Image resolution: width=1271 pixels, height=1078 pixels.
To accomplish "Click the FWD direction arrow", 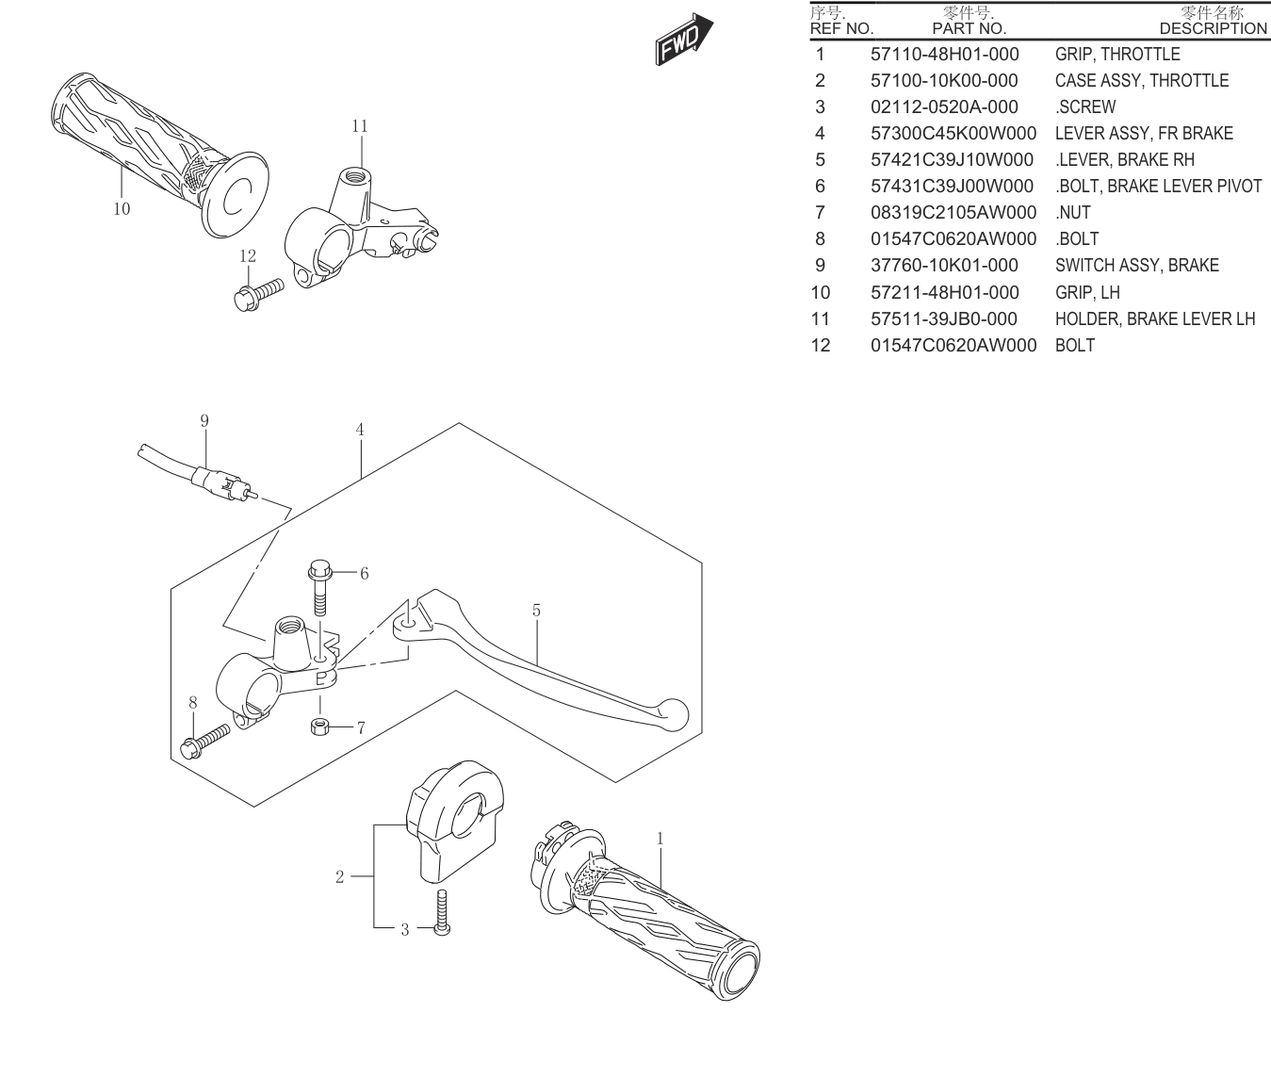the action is pos(684,40).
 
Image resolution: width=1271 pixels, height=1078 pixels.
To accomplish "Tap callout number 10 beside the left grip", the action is pos(122,209).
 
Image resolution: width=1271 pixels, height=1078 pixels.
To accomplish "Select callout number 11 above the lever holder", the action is pos(360,126).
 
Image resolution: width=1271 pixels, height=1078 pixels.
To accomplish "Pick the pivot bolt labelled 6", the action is pos(319,587).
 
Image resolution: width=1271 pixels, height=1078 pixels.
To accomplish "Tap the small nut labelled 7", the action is pos(319,727).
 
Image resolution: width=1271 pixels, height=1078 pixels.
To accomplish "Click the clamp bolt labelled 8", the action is pos(204,741).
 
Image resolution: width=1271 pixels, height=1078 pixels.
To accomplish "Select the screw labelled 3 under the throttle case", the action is pos(442,912).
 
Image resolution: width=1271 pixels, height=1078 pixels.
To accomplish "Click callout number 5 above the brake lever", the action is pos(536,611).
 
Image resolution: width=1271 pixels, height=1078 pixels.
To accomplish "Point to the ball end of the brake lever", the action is pos(674,714).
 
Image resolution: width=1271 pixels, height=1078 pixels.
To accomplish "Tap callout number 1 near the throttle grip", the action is pos(660,839).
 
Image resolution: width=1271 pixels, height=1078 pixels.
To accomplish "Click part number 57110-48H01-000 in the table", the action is pos(944,54).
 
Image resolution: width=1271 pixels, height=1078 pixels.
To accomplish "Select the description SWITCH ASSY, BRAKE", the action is pos(1137,265).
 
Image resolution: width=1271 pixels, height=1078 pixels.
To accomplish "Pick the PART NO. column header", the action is pos(970,28).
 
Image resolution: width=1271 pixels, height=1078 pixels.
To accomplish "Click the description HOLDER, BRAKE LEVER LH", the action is pos(1155,318).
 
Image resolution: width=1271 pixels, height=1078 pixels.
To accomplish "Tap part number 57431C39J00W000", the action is pos(952,186).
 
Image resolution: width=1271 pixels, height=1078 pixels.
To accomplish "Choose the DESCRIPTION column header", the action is pos(1214,28).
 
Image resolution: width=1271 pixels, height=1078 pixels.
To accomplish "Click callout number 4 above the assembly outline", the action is pos(360,430).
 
